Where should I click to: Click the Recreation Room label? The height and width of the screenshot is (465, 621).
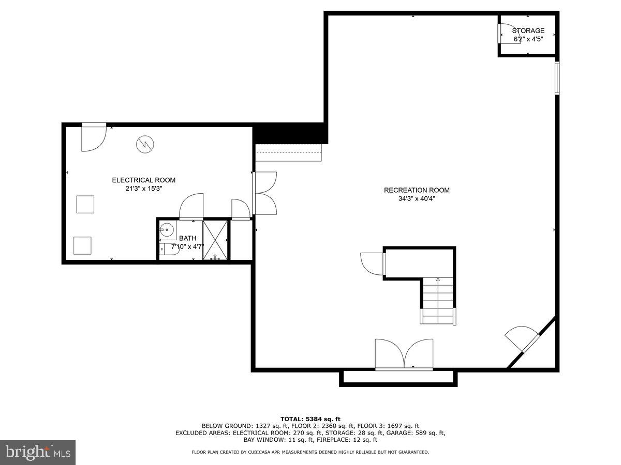point(417,190)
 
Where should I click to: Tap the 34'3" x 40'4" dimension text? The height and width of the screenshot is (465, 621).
point(417,198)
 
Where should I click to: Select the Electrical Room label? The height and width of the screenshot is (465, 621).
point(143,180)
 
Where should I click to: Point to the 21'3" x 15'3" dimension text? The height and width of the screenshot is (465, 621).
point(143,189)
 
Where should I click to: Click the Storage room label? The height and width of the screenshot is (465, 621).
point(528,31)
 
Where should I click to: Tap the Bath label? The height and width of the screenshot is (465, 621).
point(187,238)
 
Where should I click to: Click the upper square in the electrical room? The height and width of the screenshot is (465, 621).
point(85,205)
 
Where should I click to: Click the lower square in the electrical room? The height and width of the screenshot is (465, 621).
point(82,245)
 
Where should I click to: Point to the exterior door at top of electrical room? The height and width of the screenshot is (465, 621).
point(94,137)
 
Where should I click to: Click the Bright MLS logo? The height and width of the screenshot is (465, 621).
point(38,452)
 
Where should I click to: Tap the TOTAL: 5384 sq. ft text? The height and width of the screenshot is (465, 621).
point(310,419)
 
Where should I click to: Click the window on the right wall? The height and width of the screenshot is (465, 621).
point(557,78)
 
